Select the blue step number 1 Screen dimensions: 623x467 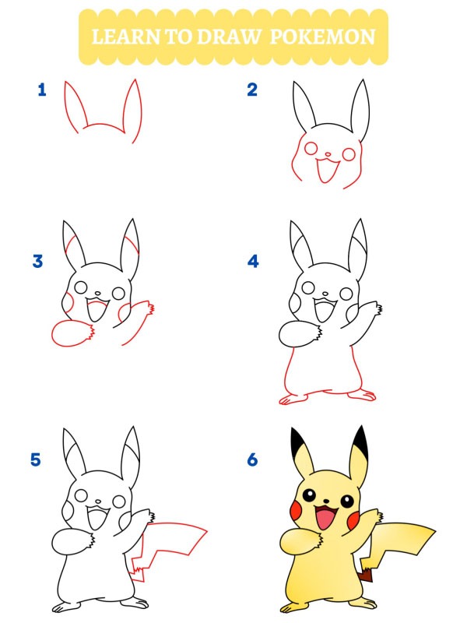coord(42,90)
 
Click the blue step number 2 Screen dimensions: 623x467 coord(252,90)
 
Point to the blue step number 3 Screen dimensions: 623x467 coord(37,262)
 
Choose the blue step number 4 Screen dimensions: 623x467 coord(253,262)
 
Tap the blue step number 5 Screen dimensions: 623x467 coord(36,460)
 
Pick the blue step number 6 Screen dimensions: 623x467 coord(252,460)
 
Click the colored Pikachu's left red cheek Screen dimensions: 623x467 coord(297,510)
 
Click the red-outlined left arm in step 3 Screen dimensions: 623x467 coord(72,333)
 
